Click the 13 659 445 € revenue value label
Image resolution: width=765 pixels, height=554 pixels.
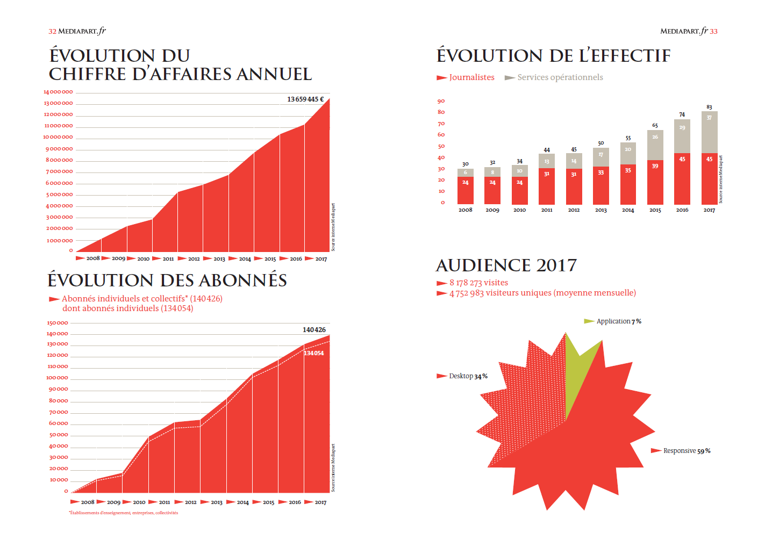pos(305,99)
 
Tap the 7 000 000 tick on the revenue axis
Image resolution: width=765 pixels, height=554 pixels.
pos(59,172)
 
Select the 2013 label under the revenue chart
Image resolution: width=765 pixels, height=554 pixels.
pos(219,259)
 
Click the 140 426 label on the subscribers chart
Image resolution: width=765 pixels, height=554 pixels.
pos(314,330)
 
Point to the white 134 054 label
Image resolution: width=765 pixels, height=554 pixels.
pos(314,353)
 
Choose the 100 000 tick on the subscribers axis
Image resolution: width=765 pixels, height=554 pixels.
pos(58,378)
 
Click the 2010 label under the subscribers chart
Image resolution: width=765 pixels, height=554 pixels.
pos(139,502)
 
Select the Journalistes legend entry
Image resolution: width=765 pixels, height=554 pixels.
pos(471,77)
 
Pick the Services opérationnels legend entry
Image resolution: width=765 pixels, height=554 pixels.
pos(560,77)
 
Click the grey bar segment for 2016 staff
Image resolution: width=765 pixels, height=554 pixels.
pos(682,136)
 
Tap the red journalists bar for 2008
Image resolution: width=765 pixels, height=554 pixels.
pos(466,191)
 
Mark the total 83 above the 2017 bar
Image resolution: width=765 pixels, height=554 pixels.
pos(709,107)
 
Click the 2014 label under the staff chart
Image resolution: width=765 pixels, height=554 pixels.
pos(628,210)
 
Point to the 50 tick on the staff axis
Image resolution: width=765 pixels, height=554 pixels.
pos(441,146)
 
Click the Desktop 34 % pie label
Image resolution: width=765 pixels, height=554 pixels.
pos(468,376)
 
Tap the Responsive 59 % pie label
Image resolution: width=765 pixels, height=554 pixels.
pos(687,451)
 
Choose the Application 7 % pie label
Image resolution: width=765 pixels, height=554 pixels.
pos(619,321)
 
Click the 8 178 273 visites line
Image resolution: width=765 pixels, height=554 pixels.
pos(478,283)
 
